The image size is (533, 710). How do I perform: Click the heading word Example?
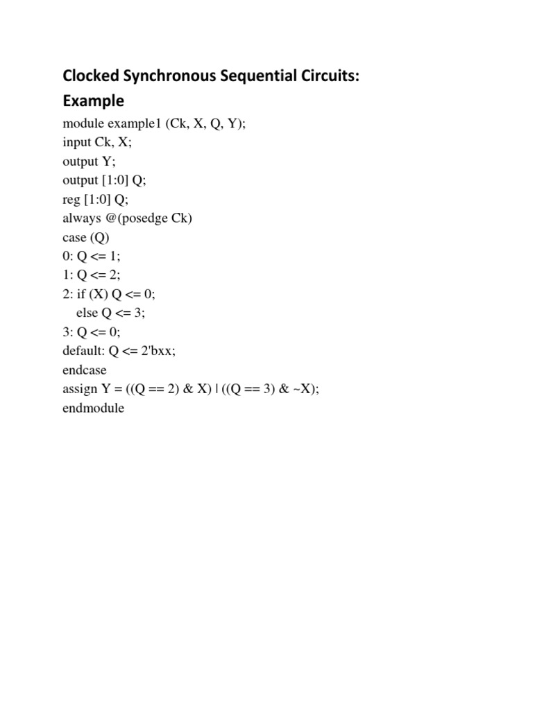click(93, 101)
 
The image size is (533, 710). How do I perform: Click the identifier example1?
click(134, 123)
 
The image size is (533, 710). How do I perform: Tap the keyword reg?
click(71, 199)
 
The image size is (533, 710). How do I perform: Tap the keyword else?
click(87, 313)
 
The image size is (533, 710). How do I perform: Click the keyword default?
click(83, 351)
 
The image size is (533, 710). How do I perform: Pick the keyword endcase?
click(85, 370)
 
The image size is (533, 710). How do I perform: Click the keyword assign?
click(79, 389)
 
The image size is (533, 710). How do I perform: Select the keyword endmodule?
click(94, 408)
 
